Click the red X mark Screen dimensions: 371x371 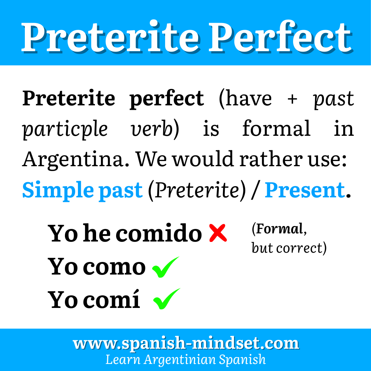click(x=218, y=233)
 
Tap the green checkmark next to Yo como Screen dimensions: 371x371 click(x=166, y=267)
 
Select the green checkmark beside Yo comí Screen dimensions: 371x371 click(x=167, y=299)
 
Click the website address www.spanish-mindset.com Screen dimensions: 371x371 click(x=186, y=344)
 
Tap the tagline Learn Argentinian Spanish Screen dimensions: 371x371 click(x=185, y=359)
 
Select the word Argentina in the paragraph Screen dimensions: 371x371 click(x=76, y=160)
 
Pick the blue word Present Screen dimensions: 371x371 click(x=305, y=190)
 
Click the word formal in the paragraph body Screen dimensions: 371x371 click(x=276, y=129)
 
